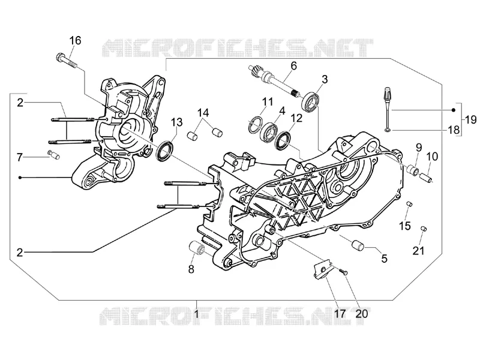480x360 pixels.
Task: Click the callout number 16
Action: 76,40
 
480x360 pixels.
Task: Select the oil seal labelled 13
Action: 165,150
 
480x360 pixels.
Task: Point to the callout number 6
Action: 293,65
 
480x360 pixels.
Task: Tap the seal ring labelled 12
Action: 283,141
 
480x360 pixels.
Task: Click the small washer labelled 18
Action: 388,130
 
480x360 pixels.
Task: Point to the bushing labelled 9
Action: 413,170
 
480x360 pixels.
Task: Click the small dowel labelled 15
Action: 409,203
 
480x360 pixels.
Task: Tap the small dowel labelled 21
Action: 424,229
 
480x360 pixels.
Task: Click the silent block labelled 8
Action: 197,247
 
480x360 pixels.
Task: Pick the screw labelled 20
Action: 343,272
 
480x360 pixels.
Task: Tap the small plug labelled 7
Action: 53,154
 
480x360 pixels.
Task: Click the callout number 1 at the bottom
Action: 196,314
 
